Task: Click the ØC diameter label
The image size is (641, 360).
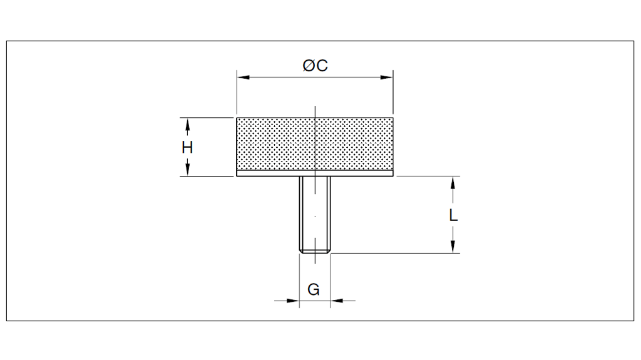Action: coord(315,66)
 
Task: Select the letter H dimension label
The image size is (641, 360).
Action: coord(187,148)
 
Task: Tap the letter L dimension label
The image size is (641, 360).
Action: coord(454,215)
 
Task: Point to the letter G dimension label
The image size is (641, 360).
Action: coord(314,290)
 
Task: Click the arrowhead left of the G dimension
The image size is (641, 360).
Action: coord(292,301)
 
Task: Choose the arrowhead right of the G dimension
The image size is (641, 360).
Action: coord(337,301)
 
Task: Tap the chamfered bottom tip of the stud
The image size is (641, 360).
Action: coord(315,251)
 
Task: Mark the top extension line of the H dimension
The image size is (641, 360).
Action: coord(207,117)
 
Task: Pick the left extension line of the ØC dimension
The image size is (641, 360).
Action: coord(237,94)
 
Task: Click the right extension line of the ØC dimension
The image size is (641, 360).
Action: coord(393,94)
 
